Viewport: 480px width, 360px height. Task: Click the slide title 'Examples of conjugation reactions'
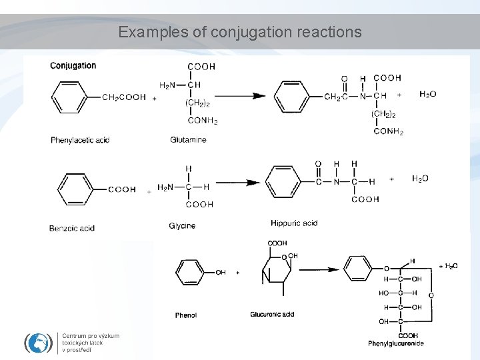click(240, 32)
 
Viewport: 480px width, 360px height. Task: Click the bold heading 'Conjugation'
click(73, 65)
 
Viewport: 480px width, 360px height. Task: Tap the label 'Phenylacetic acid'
click(80, 140)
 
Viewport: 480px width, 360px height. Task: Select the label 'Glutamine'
click(188, 140)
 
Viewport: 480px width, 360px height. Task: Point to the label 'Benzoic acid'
click(72, 228)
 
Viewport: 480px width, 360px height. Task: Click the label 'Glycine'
click(182, 226)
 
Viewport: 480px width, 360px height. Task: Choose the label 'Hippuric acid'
click(294, 223)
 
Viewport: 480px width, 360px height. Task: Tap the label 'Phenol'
click(186, 315)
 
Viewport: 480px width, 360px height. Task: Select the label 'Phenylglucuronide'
click(396, 344)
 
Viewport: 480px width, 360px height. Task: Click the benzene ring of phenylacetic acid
click(69, 97)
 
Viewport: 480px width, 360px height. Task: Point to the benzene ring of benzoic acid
click(77, 189)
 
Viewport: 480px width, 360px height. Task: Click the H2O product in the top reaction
click(428, 95)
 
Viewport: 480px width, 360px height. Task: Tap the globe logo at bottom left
click(39, 342)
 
